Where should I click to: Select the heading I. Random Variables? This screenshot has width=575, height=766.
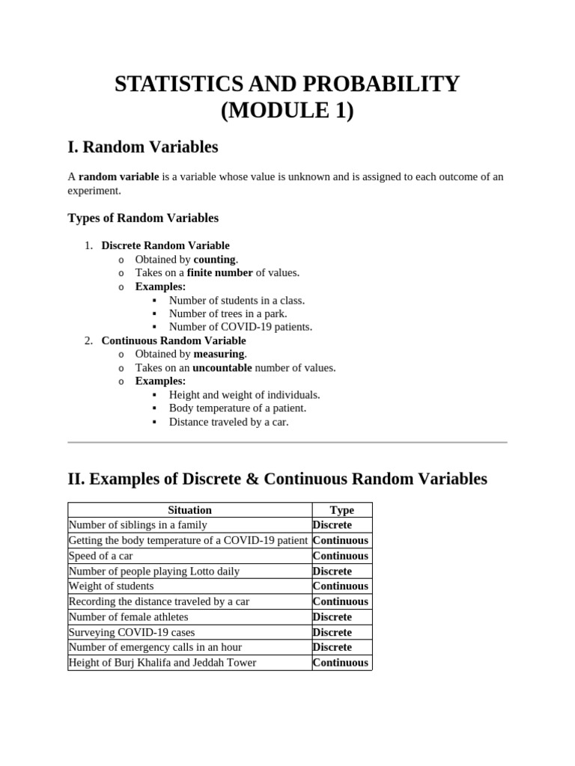[x=143, y=147]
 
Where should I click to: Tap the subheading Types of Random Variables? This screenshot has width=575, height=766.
[x=143, y=218]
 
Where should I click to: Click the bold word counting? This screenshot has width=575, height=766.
[x=214, y=260]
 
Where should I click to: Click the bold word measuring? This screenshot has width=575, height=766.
[x=219, y=354]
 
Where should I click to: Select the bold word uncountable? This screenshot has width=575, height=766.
[x=222, y=367]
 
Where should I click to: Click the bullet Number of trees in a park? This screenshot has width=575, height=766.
[x=228, y=313]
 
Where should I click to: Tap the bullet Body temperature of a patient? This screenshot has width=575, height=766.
[x=237, y=408]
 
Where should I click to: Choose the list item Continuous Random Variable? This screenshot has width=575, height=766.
[x=174, y=340]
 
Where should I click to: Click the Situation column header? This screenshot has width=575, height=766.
[x=189, y=510]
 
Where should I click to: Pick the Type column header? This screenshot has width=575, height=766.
[x=341, y=510]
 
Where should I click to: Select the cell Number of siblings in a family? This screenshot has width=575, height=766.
[x=137, y=525]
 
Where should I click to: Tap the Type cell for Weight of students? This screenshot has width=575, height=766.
[x=340, y=586]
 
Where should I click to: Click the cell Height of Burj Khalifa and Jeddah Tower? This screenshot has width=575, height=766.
[x=162, y=662]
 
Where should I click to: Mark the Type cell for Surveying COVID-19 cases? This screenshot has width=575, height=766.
[x=332, y=632]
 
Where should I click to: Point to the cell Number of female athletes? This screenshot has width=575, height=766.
[x=128, y=616]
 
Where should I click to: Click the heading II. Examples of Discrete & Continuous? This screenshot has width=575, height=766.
[x=277, y=479]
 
